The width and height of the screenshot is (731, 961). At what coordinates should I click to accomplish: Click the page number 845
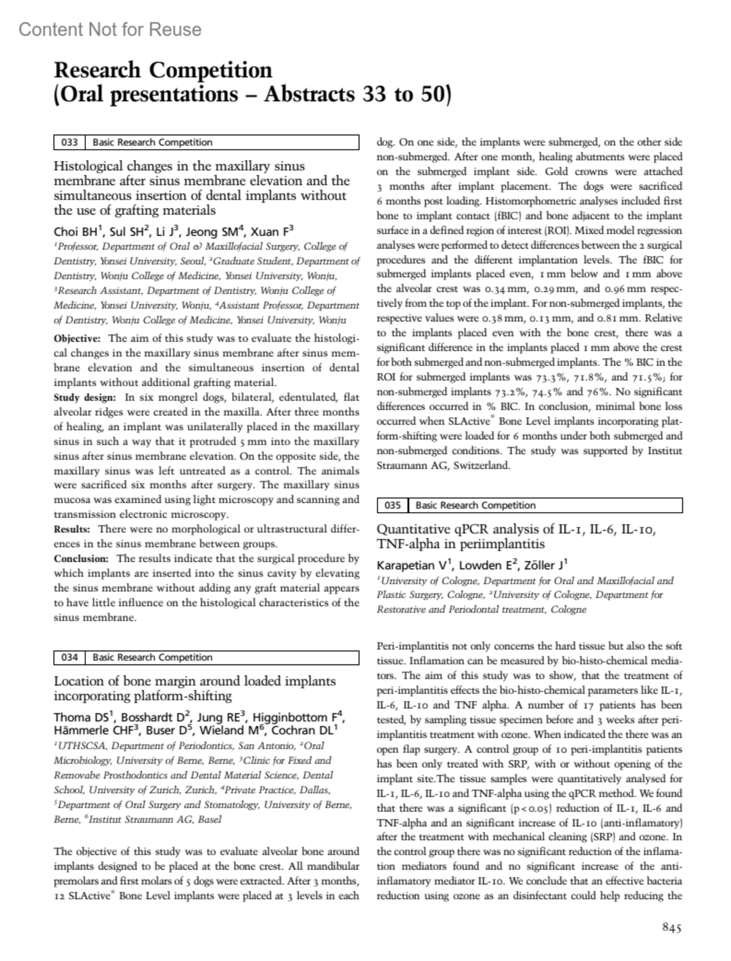click(x=671, y=928)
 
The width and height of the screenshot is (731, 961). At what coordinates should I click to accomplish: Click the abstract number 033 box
click(x=69, y=143)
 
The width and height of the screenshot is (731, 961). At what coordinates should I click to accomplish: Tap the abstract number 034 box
click(x=69, y=657)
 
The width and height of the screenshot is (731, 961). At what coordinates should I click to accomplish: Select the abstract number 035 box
click(x=392, y=505)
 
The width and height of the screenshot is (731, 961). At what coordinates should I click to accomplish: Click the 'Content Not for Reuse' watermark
click(x=110, y=29)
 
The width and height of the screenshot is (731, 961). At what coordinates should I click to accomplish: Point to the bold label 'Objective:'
click(x=77, y=339)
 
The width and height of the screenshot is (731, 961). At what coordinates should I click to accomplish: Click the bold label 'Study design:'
click(x=85, y=398)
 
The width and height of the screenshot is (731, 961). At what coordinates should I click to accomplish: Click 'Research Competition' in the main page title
click(x=163, y=71)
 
